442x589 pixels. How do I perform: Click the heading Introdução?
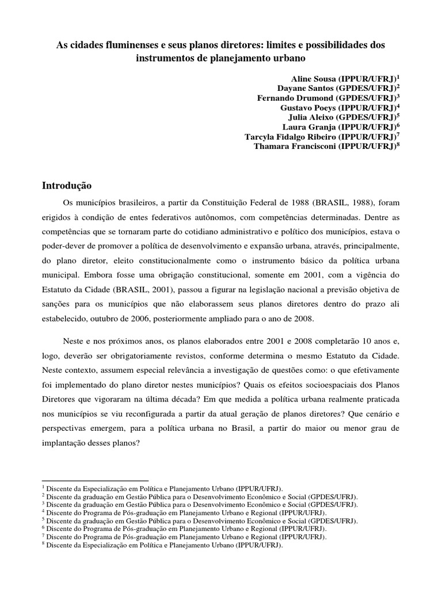pos(67,186)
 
